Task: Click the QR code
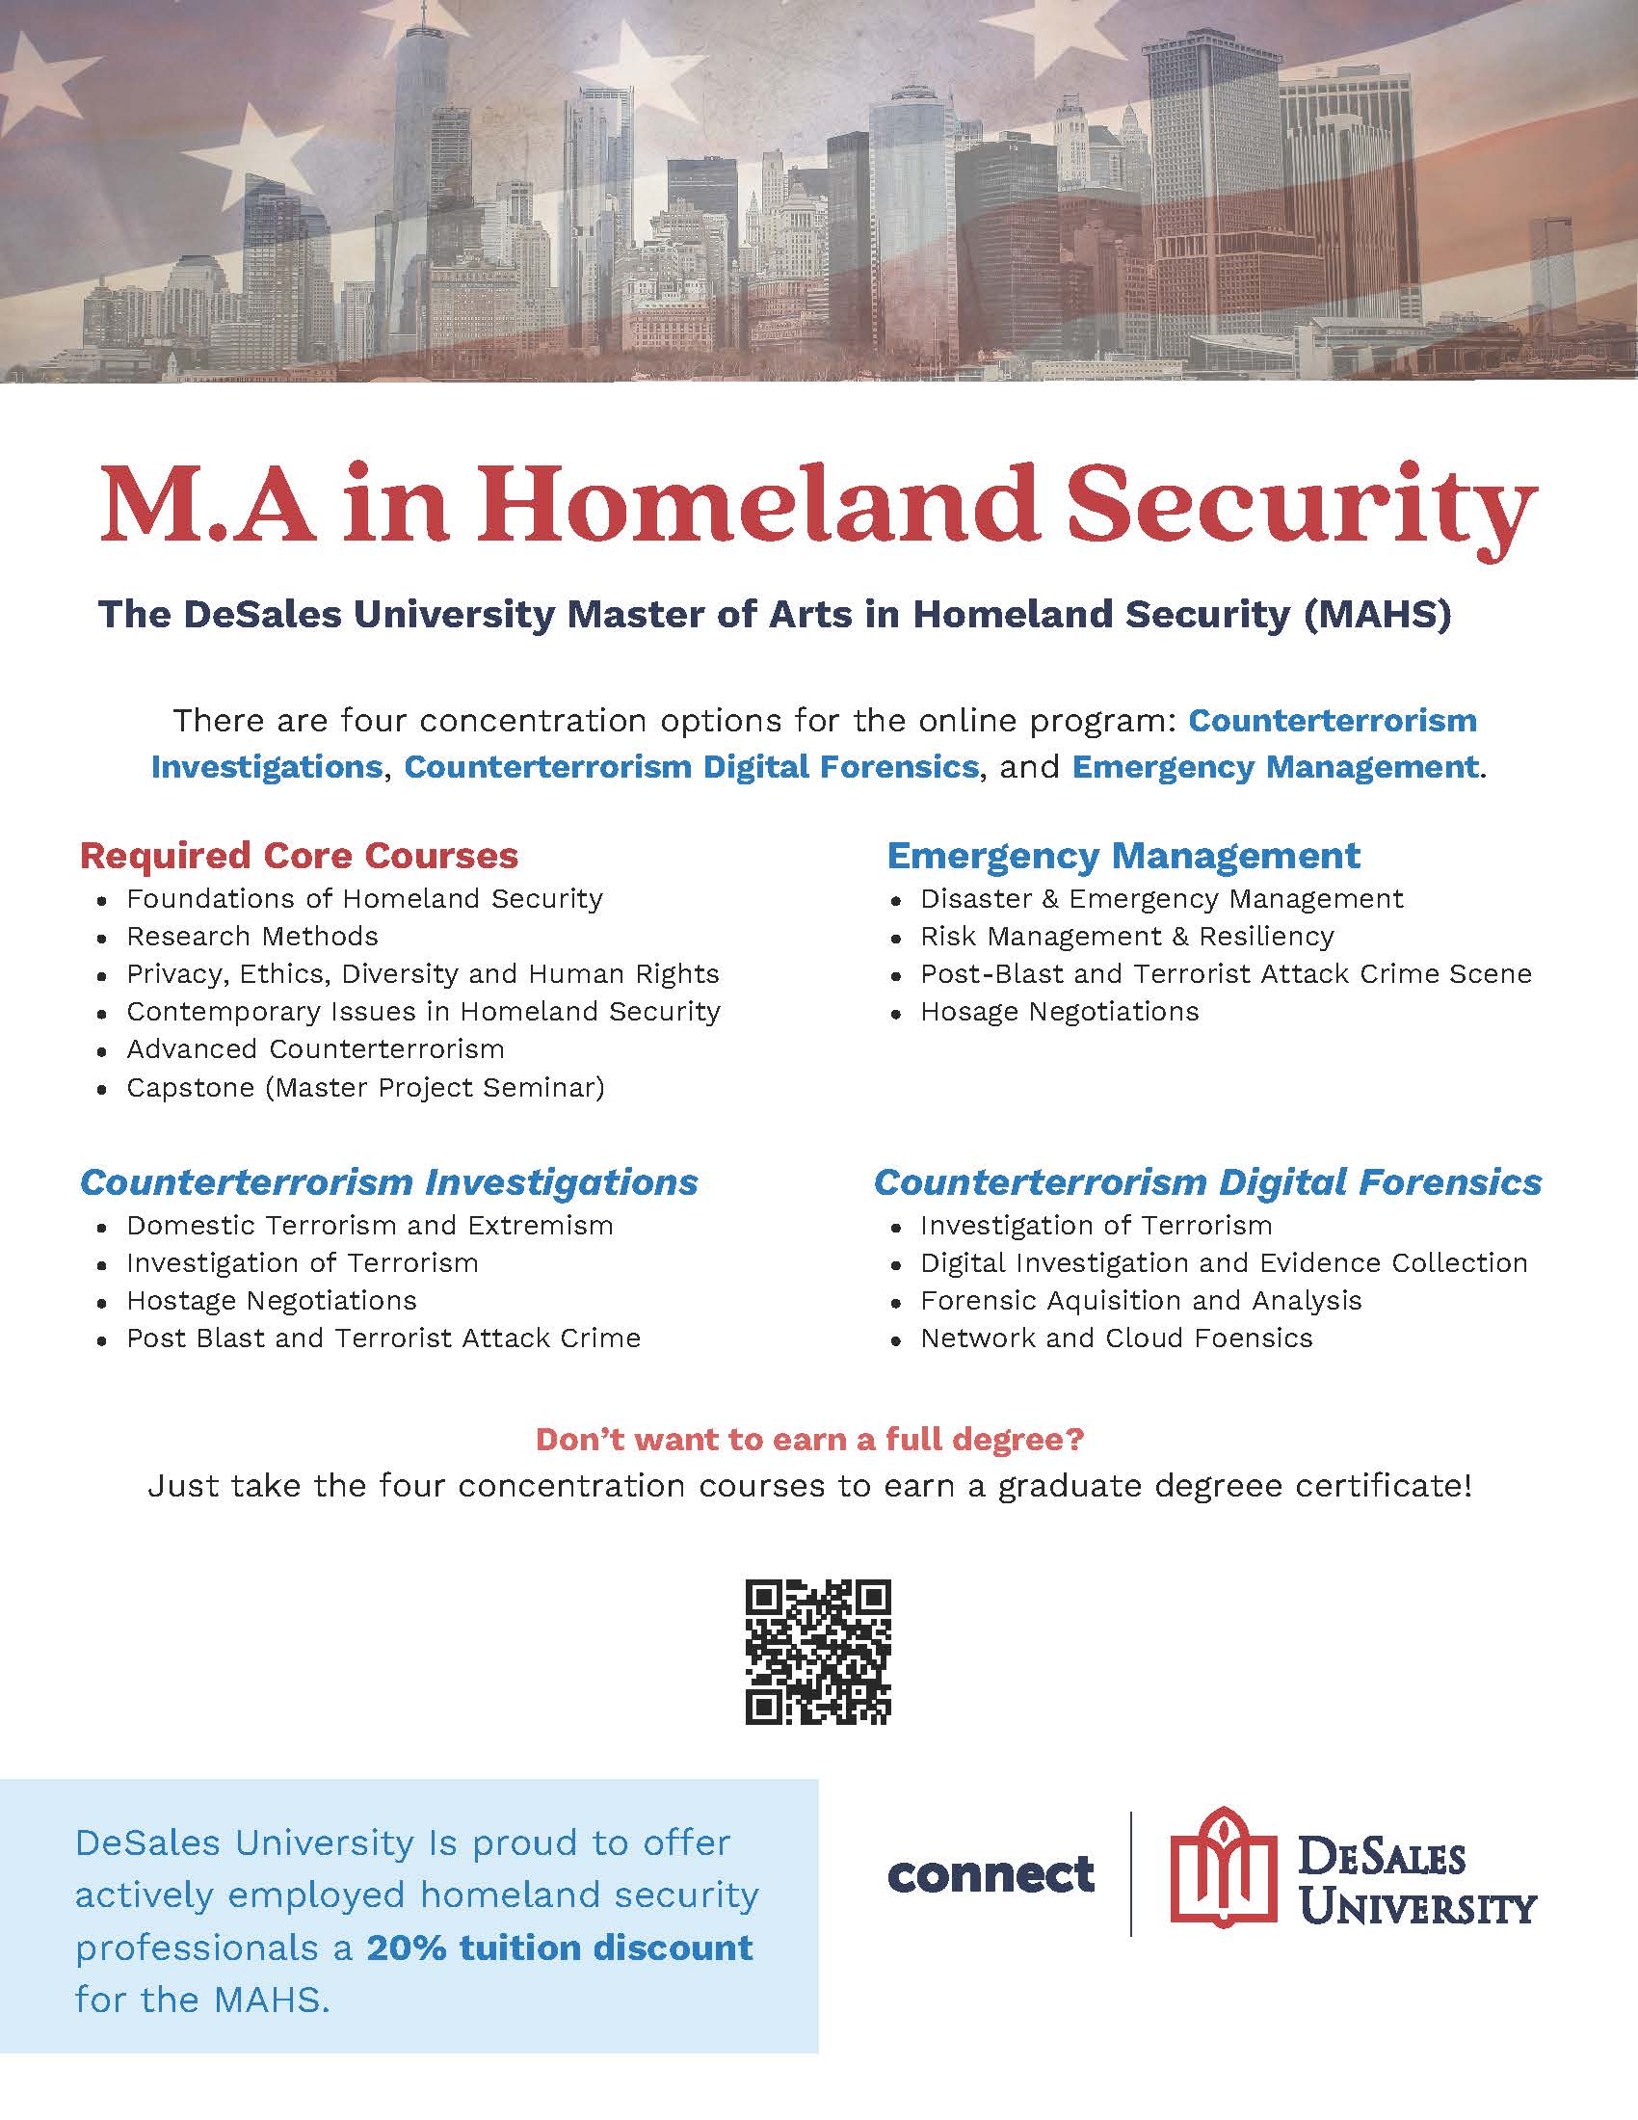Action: [817, 1651]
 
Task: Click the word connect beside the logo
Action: [990, 1873]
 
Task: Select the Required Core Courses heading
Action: [299, 855]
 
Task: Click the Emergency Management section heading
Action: [1123, 855]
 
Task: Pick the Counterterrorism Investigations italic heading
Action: [388, 1182]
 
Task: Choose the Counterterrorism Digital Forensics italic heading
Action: [1207, 1182]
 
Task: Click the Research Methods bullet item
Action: [252, 936]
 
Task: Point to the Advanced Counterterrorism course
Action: [315, 1049]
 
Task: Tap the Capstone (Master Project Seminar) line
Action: [365, 1087]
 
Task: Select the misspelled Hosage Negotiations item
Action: [1060, 1012]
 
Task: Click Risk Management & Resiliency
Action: [1126, 936]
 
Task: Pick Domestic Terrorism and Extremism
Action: [370, 1225]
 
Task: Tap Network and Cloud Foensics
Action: [1116, 1338]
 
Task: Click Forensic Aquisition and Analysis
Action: [1141, 1301]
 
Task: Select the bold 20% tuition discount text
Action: [559, 1948]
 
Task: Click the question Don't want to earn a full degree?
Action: [809, 1439]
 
